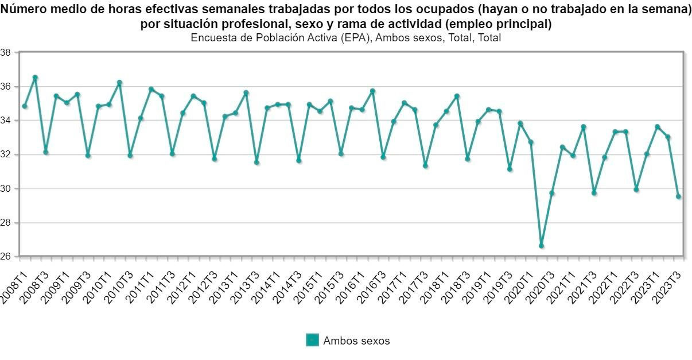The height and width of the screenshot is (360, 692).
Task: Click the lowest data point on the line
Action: coord(541,246)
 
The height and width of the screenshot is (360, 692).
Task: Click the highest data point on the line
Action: coord(35,77)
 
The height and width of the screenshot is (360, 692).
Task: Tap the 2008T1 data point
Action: coord(25,106)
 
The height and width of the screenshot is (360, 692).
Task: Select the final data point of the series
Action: coord(678,196)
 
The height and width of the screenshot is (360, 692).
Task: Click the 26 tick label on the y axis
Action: coord(6,257)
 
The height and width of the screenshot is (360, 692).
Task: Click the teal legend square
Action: coord(312,340)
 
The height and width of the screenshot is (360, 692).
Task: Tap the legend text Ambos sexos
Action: coord(356,340)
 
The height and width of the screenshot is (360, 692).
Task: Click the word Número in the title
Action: coord(24,10)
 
